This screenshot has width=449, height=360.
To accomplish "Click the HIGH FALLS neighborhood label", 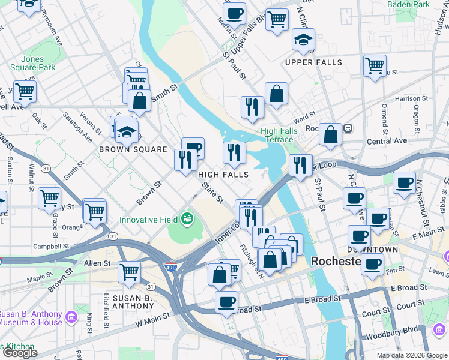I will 223,174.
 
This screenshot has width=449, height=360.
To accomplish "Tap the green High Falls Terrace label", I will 277,135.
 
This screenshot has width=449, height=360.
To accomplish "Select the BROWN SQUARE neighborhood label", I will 133,149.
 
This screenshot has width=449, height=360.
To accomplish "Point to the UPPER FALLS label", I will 313,62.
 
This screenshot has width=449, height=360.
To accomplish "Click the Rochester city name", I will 336,262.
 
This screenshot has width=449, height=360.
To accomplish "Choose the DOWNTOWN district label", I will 373,249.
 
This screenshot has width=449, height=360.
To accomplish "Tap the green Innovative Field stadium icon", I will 188,219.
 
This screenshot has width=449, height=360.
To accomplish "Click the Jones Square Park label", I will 32,64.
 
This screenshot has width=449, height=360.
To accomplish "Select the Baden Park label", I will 408,4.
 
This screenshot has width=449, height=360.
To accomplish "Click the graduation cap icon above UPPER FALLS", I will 303,40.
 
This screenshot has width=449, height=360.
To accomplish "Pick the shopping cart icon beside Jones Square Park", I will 25,92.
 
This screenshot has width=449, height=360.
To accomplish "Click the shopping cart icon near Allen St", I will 129,272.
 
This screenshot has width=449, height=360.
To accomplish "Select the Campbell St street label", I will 52,246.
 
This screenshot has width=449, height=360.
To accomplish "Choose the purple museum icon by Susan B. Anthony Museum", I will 71,316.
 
